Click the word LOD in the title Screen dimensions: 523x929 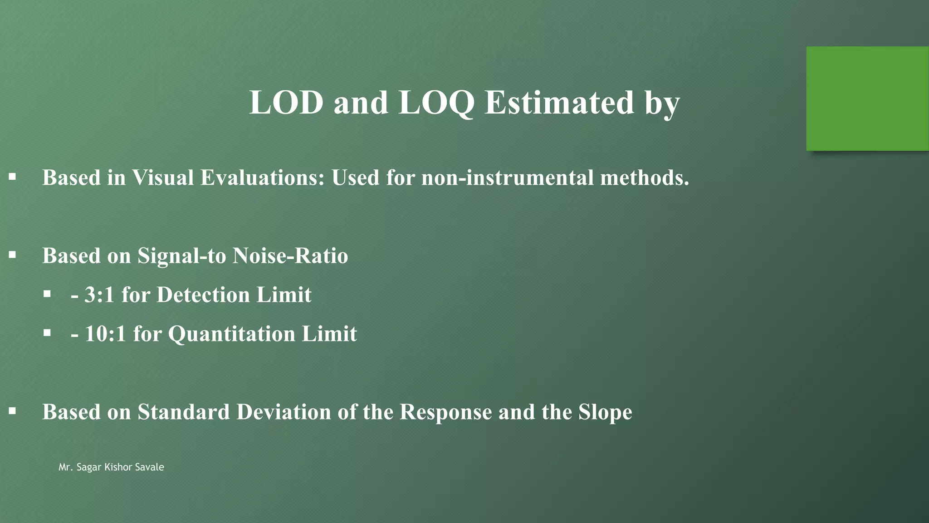(286, 103)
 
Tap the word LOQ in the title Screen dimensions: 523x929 (436, 104)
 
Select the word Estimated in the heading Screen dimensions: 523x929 (559, 103)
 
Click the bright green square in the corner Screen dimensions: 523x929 (867, 99)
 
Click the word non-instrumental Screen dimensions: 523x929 (507, 178)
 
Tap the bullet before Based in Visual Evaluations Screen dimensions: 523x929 (12, 177)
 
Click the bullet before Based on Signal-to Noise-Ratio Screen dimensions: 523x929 (12, 255)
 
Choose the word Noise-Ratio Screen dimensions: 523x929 (290, 256)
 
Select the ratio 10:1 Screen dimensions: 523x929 (105, 334)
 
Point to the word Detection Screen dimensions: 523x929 (203, 295)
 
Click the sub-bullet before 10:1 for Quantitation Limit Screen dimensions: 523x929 (47, 333)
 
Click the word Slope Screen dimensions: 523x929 (605, 412)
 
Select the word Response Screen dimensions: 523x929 (445, 412)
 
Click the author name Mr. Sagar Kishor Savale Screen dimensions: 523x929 (111, 467)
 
